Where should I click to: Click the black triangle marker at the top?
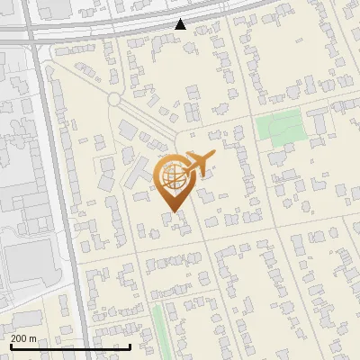(x=180, y=24)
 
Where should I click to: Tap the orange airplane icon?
(x=200, y=162)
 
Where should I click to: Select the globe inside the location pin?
(x=171, y=175)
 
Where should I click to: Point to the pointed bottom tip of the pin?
(x=171, y=212)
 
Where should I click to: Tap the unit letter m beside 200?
(x=34, y=338)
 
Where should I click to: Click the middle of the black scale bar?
(x=70, y=346)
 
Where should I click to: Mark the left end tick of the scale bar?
(x=11, y=346)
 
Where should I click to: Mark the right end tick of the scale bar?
(x=130, y=346)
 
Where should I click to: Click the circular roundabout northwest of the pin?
(x=114, y=99)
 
